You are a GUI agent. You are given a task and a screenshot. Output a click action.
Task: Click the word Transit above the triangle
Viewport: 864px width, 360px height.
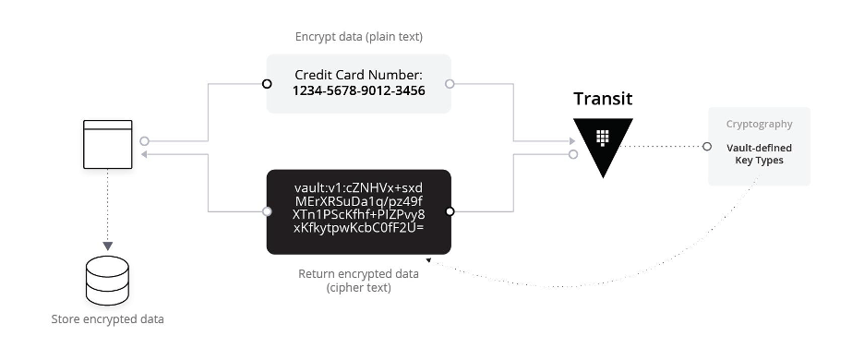pyautogui.click(x=603, y=99)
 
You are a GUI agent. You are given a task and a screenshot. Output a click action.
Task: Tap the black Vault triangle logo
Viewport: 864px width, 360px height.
pyautogui.click(x=603, y=144)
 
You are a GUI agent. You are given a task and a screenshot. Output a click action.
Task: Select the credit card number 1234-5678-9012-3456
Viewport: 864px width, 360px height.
pyautogui.click(x=358, y=90)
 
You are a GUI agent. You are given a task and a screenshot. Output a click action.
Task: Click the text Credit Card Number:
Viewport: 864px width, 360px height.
pyautogui.click(x=358, y=74)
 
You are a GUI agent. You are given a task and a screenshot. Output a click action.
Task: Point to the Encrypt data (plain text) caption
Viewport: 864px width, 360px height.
pyautogui.click(x=358, y=37)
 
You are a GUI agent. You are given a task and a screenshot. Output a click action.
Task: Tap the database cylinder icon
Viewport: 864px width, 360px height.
pyautogui.click(x=108, y=281)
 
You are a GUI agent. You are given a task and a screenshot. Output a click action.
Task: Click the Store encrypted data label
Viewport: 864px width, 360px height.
pyautogui.click(x=108, y=319)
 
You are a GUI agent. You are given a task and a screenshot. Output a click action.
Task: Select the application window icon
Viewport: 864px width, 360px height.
pyautogui.click(x=108, y=143)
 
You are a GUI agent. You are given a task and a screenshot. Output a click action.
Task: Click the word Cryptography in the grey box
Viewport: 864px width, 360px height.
pyautogui.click(x=759, y=124)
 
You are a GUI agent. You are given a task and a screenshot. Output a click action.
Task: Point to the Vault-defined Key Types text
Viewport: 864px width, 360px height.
pyautogui.click(x=759, y=153)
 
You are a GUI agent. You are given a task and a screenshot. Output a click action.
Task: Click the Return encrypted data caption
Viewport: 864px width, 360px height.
pyautogui.click(x=358, y=281)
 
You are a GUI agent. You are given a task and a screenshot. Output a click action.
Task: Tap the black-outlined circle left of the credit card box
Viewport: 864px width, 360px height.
pyautogui.click(x=267, y=84)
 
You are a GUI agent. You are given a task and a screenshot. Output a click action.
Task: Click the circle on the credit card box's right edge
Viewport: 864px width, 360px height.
pyautogui.click(x=450, y=84)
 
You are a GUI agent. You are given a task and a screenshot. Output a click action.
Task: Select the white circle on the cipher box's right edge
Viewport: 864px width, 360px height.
pyautogui.click(x=450, y=211)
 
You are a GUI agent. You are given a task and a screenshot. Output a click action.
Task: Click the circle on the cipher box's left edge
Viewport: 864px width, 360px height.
pyautogui.click(x=267, y=211)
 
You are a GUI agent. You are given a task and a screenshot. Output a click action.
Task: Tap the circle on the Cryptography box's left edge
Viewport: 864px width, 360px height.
pyautogui.click(x=707, y=146)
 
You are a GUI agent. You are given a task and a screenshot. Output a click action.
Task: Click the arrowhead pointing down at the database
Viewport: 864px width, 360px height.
pyautogui.click(x=108, y=246)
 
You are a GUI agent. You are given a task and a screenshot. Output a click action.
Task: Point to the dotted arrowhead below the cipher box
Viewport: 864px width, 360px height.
pyautogui.click(x=428, y=261)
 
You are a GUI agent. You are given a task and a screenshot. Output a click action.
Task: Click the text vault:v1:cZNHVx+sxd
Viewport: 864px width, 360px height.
pyautogui.click(x=358, y=186)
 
